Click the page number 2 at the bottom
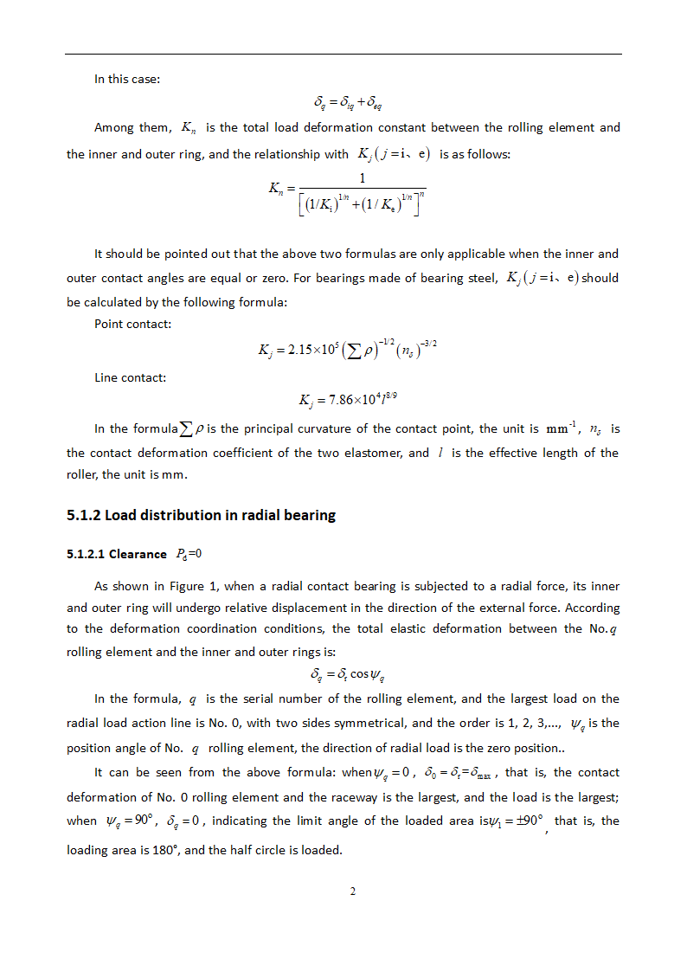pyautogui.click(x=352, y=892)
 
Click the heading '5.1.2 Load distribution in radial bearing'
pyautogui.click(x=201, y=515)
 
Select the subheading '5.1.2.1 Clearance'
pyautogui.click(x=117, y=554)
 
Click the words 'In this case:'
pyautogui.click(x=127, y=79)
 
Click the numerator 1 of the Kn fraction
pyautogui.click(x=362, y=178)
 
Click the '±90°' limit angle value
pyautogui.click(x=524, y=821)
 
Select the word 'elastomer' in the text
pyautogui.click(x=375, y=453)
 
